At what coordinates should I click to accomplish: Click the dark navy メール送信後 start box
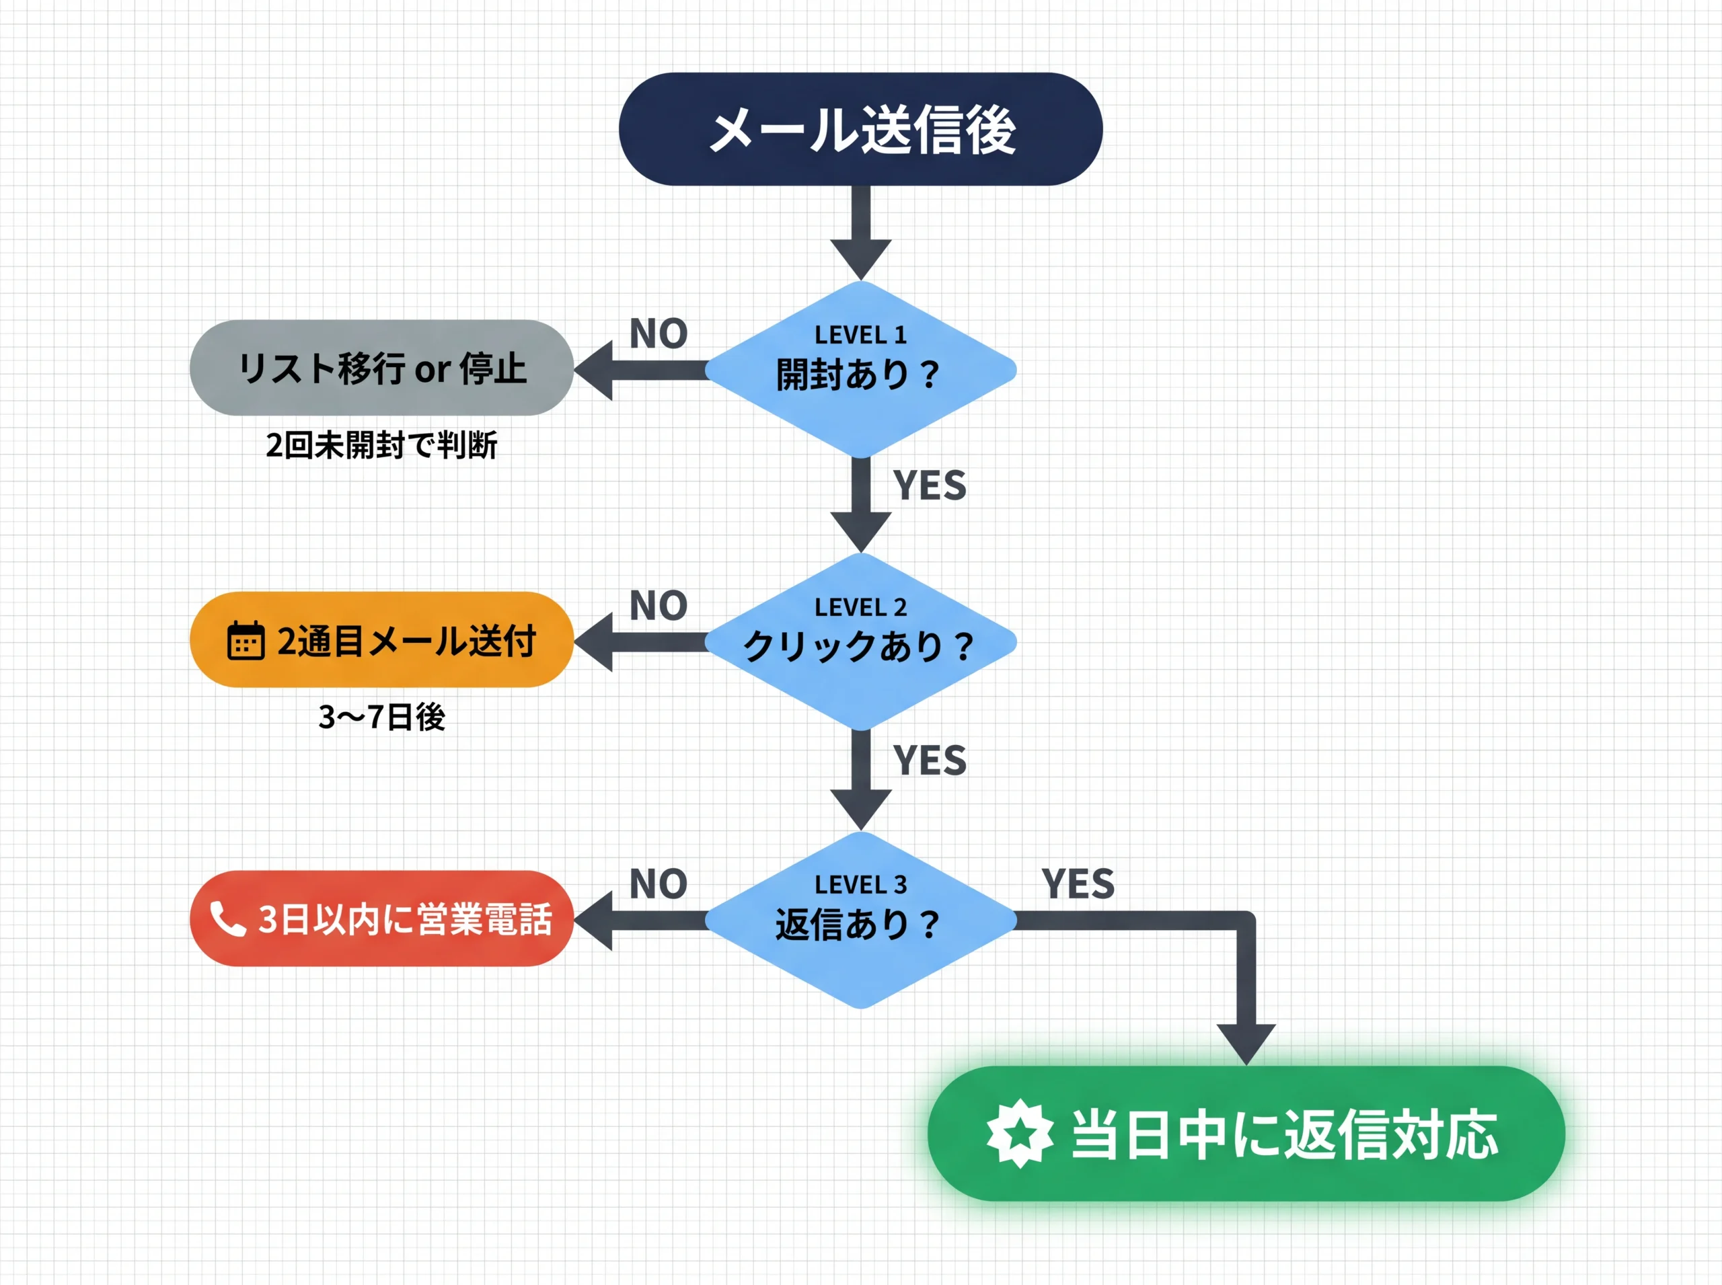[860, 129]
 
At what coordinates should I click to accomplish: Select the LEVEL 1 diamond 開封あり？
[860, 368]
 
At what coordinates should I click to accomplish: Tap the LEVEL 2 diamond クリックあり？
[860, 641]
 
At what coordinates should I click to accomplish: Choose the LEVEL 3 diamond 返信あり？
[860, 919]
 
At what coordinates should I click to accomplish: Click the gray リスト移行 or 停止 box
[381, 368]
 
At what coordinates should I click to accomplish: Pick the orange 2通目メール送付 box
[381, 639]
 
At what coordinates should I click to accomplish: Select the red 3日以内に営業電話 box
[381, 919]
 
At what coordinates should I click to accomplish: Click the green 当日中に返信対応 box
[1245, 1133]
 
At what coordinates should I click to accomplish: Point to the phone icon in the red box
[227, 919]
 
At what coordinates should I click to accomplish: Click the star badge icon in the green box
[1019, 1133]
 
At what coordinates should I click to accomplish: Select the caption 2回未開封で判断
[381, 445]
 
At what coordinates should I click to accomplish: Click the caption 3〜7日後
[381, 716]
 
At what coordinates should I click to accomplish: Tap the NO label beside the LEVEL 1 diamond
[659, 334]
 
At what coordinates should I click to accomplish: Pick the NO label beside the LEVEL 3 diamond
[659, 884]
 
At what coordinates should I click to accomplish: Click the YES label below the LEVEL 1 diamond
[929, 485]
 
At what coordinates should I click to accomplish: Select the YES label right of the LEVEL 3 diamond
[1078, 884]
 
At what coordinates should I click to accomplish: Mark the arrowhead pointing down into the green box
[1246, 1042]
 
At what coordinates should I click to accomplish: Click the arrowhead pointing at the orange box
[595, 641]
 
